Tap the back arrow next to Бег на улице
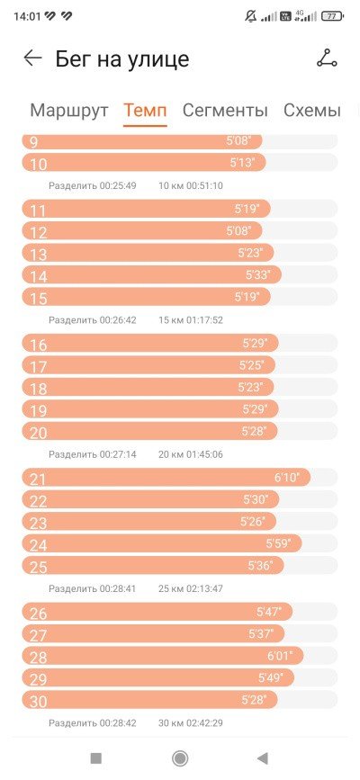(33, 58)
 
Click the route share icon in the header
(327, 58)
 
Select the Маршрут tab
(68, 110)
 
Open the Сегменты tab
(225, 110)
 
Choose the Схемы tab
(312, 110)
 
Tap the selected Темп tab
(145, 110)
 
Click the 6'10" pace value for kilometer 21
(287, 478)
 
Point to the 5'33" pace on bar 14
(258, 274)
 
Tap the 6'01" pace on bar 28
(280, 656)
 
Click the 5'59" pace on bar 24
(278, 543)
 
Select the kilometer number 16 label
(39, 345)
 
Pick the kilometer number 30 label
(39, 702)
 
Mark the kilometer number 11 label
(39, 211)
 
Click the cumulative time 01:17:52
(204, 320)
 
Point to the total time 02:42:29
(204, 722)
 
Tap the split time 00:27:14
(118, 454)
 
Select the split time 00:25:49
(118, 185)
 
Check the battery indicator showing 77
(332, 16)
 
